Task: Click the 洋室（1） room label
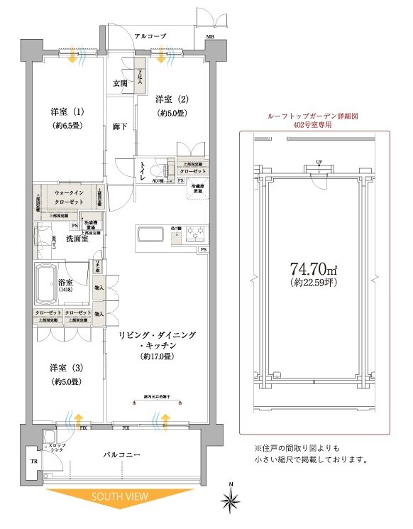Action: pos(67,112)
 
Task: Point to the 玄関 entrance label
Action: pos(119,84)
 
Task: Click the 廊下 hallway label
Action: pos(119,126)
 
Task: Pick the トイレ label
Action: pos(144,170)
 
